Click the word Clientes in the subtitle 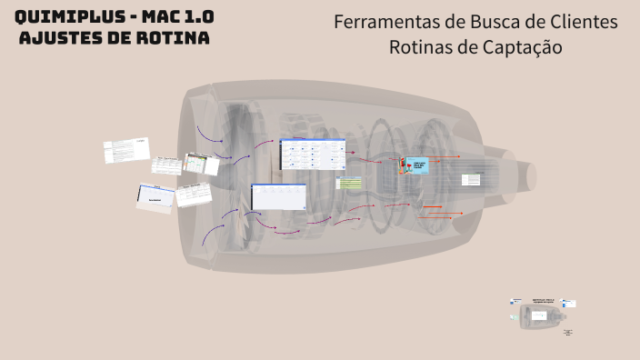click(584, 22)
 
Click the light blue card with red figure click(416, 166)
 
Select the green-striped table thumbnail click(350, 183)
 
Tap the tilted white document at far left click(126, 150)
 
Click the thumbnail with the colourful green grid click(200, 164)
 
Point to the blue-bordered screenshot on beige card click(155, 196)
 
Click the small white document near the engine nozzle click(471, 179)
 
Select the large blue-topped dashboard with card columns click(313, 154)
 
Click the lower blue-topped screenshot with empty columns click(278, 196)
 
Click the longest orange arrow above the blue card click(443, 156)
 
